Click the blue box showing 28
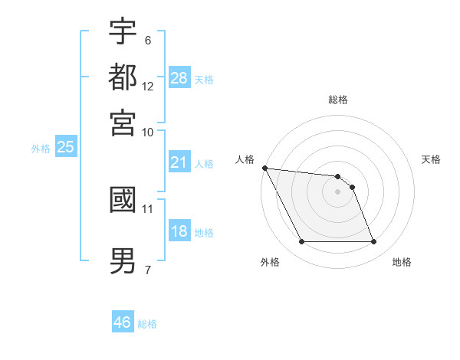click(x=179, y=78)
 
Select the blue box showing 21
click(x=179, y=162)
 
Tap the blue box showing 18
click(x=179, y=231)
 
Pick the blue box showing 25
click(x=65, y=148)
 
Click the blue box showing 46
click(x=123, y=322)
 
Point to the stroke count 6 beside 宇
click(x=147, y=39)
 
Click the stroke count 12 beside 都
click(x=148, y=86)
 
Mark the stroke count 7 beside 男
click(x=147, y=269)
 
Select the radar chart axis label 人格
click(x=245, y=159)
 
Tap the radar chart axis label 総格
click(x=337, y=100)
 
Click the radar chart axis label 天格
click(x=431, y=159)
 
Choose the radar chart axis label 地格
click(x=402, y=262)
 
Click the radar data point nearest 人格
click(x=264, y=168)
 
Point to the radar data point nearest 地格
click(x=373, y=242)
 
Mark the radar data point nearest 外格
click(x=301, y=242)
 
